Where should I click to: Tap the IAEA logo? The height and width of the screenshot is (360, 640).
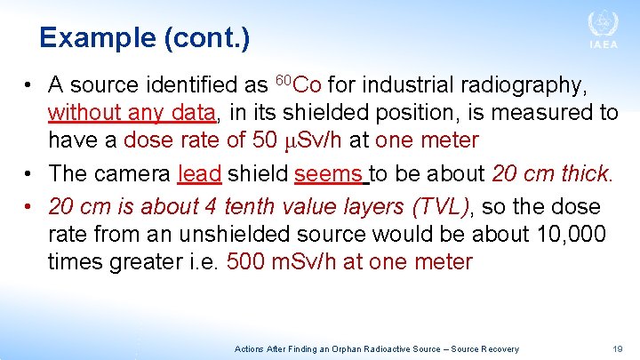click(602, 30)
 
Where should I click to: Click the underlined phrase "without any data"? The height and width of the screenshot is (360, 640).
click(132, 113)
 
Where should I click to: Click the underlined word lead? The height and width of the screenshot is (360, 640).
click(199, 173)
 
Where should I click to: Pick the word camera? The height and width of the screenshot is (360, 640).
click(131, 173)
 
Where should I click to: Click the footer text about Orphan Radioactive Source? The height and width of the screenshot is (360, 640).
click(376, 349)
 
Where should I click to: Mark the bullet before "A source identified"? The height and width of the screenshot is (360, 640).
click(29, 85)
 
